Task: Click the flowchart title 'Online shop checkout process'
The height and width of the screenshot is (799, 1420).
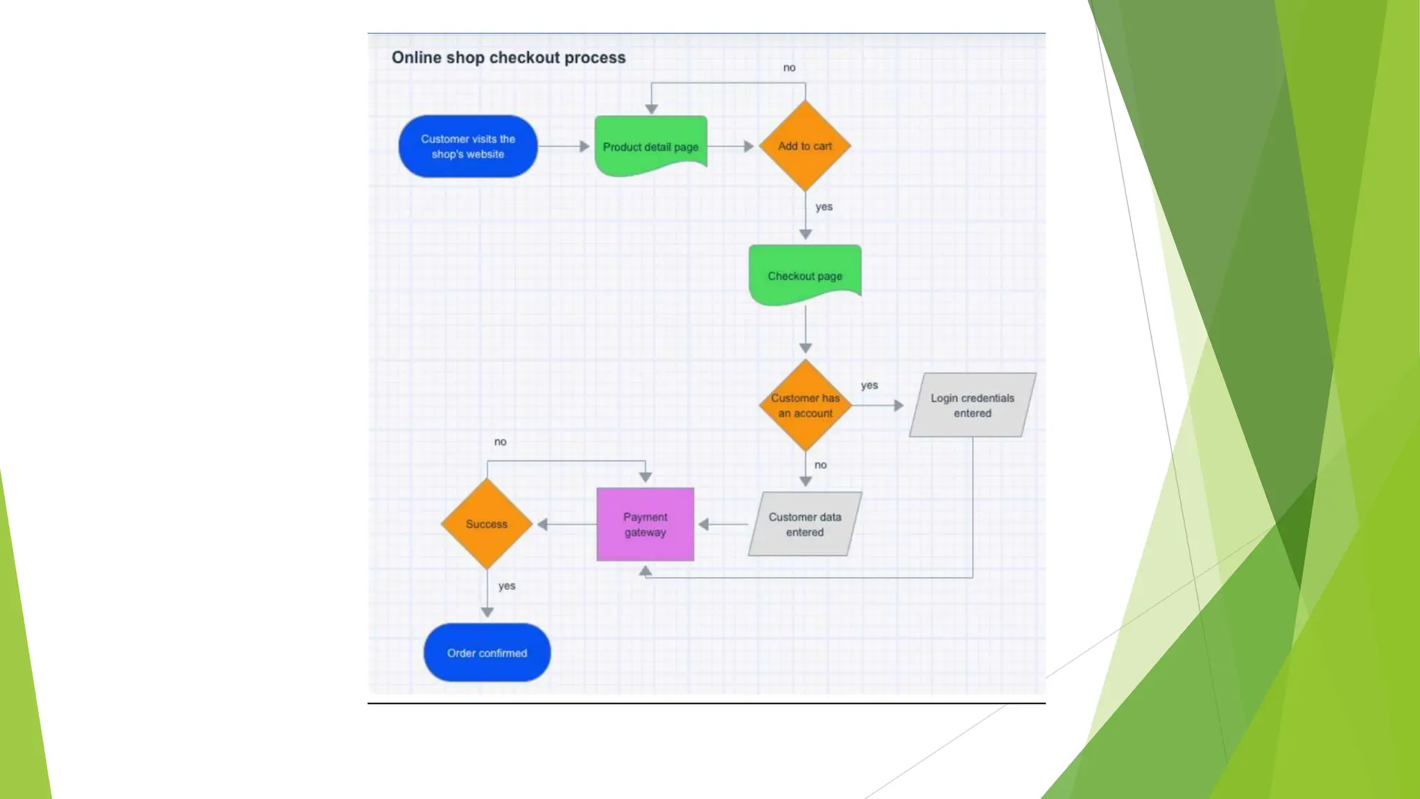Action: tap(508, 58)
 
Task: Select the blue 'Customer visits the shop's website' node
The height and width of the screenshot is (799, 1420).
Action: tap(468, 146)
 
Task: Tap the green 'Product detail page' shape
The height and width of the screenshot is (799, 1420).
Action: tap(650, 146)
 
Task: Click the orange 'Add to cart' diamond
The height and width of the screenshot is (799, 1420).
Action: tap(805, 146)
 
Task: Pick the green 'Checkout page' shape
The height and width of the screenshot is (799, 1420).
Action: tap(805, 275)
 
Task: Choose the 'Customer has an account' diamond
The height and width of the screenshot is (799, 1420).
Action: tap(805, 405)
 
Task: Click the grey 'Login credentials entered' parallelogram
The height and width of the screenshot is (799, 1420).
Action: tap(972, 405)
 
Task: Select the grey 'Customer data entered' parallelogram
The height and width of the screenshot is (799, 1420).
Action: tap(804, 524)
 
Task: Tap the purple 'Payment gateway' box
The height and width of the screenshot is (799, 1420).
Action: tap(645, 524)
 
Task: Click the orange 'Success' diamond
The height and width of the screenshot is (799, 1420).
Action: tap(487, 524)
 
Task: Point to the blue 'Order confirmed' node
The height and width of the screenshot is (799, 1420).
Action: tap(487, 653)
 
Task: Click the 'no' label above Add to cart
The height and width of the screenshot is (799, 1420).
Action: tap(789, 68)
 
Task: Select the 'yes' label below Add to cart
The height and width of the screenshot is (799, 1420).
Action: tap(824, 207)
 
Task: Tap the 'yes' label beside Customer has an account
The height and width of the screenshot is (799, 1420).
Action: tap(869, 385)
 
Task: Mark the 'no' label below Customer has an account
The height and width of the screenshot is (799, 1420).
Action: tap(820, 465)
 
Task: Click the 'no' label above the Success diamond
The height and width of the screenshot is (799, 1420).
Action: tap(500, 442)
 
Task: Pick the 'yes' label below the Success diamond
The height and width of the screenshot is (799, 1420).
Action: tap(507, 586)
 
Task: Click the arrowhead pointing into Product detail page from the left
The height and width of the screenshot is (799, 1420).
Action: tap(585, 146)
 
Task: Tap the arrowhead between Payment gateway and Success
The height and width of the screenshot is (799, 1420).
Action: tap(543, 524)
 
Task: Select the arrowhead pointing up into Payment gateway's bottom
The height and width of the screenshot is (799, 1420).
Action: tap(646, 571)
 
